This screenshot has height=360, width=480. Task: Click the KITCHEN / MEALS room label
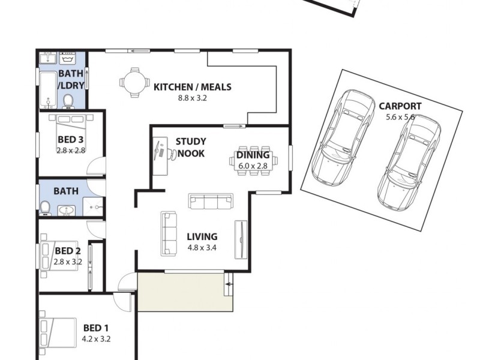tap(192, 87)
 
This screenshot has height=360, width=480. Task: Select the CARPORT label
tap(400, 106)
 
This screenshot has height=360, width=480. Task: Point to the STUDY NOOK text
tap(190, 148)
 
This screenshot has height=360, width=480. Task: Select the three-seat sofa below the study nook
tap(211, 201)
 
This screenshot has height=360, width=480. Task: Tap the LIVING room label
tap(202, 236)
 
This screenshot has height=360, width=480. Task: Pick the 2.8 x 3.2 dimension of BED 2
tap(67, 262)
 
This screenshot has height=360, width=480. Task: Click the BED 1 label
tap(96, 328)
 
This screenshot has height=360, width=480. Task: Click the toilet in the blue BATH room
tap(45, 207)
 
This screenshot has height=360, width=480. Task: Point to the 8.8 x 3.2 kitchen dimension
tap(192, 98)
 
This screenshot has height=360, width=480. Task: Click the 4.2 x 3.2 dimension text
tap(96, 339)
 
